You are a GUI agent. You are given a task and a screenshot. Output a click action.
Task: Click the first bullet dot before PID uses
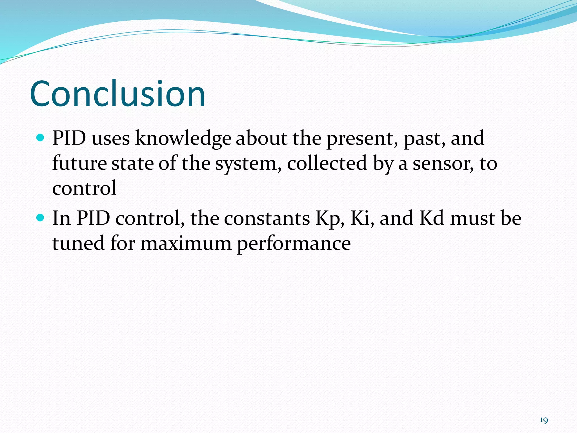[41, 138]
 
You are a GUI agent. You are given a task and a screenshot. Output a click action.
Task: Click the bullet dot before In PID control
[41, 218]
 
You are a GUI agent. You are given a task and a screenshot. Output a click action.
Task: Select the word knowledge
[183, 139]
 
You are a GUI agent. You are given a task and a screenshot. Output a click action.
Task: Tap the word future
[79, 164]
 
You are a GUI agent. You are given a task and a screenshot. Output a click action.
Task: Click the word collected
[327, 164]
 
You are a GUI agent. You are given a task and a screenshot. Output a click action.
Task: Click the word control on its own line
[84, 188]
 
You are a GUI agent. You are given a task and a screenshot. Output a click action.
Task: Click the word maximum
[186, 244]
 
